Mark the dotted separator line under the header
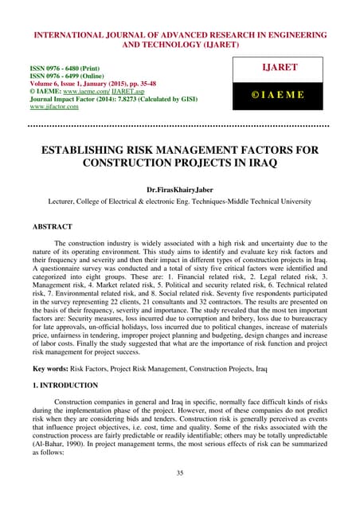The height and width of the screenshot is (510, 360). point(179,126)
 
